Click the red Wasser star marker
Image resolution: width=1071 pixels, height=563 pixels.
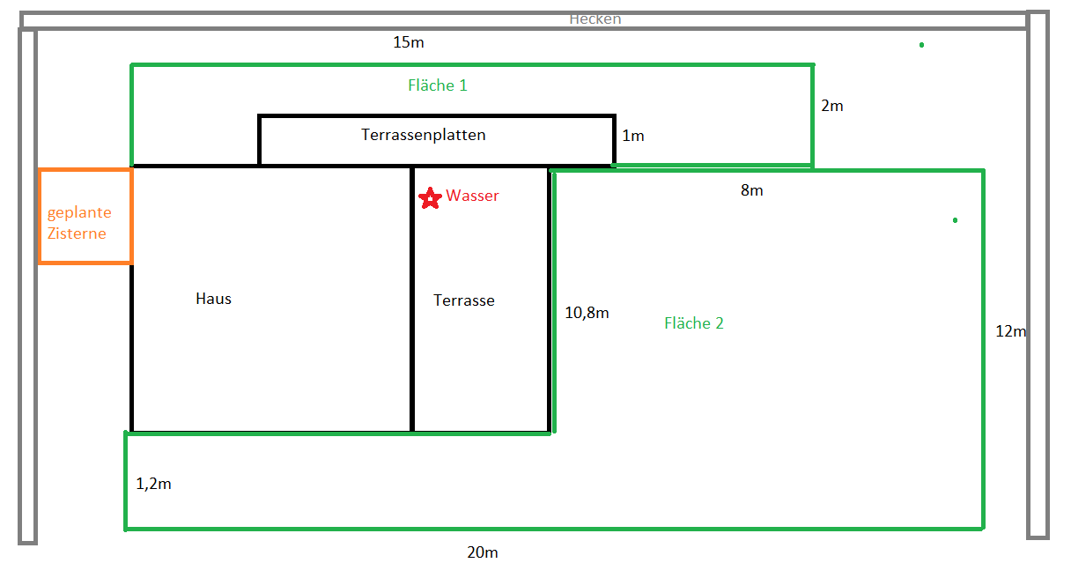(430, 197)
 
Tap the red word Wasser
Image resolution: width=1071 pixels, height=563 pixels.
(472, 196)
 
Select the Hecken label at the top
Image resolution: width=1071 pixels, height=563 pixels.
(595, 19)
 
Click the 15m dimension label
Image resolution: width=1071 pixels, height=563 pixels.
(409, 42)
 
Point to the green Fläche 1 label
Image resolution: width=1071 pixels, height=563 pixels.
(438, 85)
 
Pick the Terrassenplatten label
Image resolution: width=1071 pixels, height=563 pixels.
(423, 135)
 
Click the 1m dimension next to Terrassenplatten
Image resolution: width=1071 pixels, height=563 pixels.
(633, 136)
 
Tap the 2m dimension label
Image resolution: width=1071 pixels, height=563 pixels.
(832, 106)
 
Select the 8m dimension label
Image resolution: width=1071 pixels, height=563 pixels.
(751, 190)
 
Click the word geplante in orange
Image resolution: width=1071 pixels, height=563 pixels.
(79, 212)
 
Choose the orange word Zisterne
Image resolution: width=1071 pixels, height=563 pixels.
(77, 233)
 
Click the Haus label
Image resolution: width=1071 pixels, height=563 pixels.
(213, 299)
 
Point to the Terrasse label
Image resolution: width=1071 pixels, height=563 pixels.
(464, 300)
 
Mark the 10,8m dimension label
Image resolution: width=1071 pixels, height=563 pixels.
(587, 313)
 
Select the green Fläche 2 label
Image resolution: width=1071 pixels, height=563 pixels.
(694, 323)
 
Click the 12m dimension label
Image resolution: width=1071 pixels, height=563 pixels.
(1010, 331)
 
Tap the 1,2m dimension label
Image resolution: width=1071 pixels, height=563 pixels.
(153, 484)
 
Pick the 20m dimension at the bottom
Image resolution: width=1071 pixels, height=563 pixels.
(483, 552)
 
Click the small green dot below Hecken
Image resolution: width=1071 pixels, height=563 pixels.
(921, 45)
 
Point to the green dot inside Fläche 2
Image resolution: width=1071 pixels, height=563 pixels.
(955, 220)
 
